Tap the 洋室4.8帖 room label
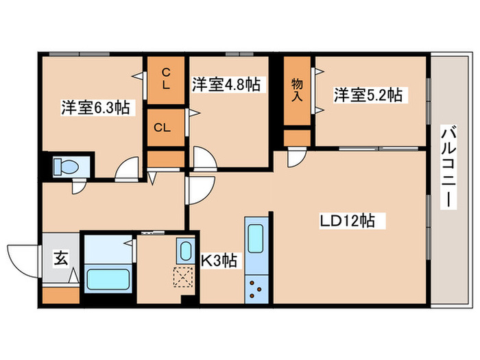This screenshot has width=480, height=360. pos(225,85)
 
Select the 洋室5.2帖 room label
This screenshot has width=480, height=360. pos(368,95)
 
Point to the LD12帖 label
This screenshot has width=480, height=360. pos(346,221)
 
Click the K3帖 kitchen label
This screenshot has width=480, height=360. pos(219,261)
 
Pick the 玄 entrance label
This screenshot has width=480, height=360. pos(61,259)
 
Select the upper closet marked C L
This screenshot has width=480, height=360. pos(166,77)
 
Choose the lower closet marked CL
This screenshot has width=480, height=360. pos(162,127)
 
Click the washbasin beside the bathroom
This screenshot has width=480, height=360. pos(184,251)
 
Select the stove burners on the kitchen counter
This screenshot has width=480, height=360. pos(259,288)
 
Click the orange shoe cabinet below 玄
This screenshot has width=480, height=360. pos(60,297)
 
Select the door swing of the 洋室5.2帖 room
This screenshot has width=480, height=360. pos(297,158)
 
